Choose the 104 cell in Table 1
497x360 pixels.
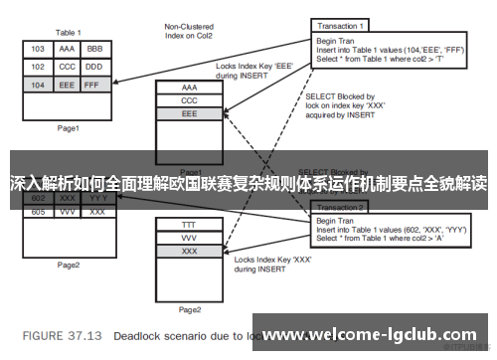37,86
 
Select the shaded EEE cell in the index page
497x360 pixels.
190,115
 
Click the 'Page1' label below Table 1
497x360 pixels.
69,128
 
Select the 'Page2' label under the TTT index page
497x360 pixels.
190,309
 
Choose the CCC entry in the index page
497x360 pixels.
190,101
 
